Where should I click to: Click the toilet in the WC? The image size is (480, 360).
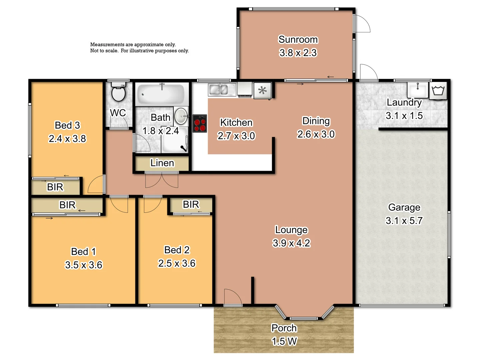(x=118, y=93)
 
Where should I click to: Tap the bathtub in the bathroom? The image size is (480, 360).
(x=161, y=94)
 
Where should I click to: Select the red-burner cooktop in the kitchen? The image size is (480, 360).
(x=200, y=124)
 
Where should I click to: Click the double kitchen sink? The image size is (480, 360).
(x=218, y=90)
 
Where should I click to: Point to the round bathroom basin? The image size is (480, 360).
(x=181, y=115)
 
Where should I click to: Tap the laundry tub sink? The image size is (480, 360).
(x=417, y=89)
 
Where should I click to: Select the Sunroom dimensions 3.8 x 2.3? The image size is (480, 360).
(x=298, y=53)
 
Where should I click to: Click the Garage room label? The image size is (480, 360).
(x=404, y=207)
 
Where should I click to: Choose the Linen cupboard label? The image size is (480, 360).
(x=162, y=163)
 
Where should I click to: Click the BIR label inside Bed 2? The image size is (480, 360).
(x=191, y=204)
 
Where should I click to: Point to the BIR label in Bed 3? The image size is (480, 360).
(x=55, y=187)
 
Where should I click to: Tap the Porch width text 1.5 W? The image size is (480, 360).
(x=284, y=341)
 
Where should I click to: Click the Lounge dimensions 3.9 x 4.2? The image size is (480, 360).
(x=291, y=243)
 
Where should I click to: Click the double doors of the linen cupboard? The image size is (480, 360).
(x=162, y=180)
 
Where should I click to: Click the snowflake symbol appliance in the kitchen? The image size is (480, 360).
(x=263, y=90)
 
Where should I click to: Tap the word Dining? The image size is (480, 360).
(x=316, y=121)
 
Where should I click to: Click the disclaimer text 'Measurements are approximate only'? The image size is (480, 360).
(x=133, y=44)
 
